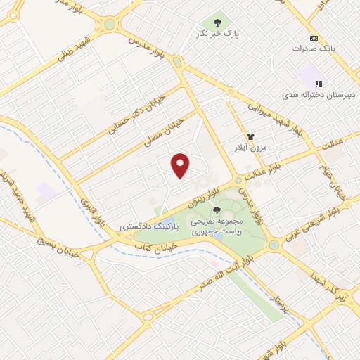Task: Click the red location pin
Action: (x=181, y=165)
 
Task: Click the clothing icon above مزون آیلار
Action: (x=250, y=137)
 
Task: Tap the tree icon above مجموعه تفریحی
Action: (x=216, y=209)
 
